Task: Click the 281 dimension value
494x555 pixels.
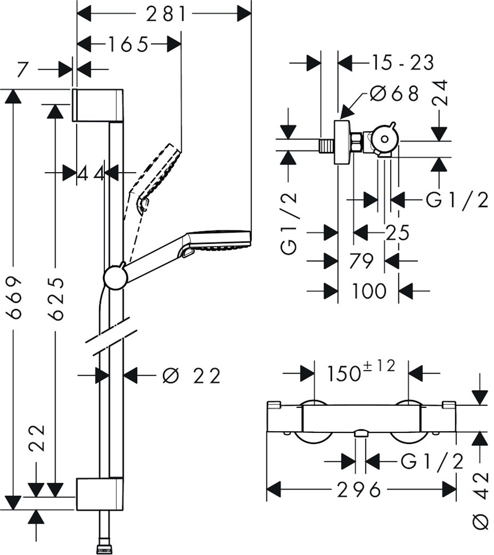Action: pyautogui.click(x=167, y=14)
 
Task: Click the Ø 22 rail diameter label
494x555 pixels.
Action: pyautogui.click(x=191, y=376)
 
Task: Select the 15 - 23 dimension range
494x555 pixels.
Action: pyautogui.click(x=403, y=63)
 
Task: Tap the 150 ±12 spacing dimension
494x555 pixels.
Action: pyautogui.click(x=361, y=371)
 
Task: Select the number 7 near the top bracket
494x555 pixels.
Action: pyautogui.click(x=22, y=70)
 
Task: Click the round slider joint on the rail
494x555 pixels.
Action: pyautogui.click(x=115, y=276)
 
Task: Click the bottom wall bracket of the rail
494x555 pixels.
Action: pyautogui.click(x=99, y=493)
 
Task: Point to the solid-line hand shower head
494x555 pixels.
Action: pyautogui.click(x=219, y=241)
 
